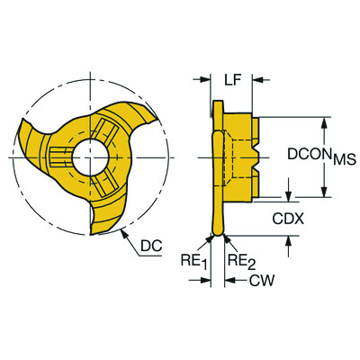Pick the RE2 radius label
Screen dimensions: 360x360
(x=238, y=263)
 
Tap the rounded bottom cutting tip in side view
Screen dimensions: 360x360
(x=217, y=231)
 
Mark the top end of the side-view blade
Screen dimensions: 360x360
(x=216, y=105)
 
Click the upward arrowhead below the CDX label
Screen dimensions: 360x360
(x=290, y=238)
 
